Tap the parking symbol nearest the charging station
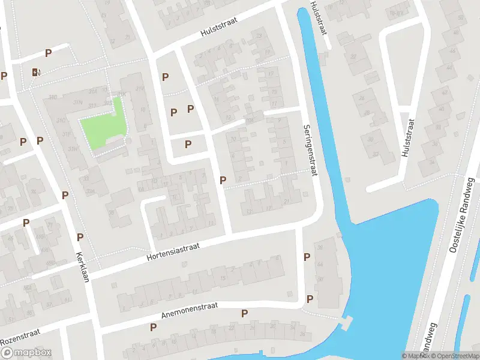pyautogui.click(x=48, y=53)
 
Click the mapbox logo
pyautogui.click(x=26, y=353)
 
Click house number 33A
pyautogui.click(x=90, y=192)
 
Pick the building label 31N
pyautogui.click(x=77, y=103)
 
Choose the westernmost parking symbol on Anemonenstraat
pyautogui.click(x=153, y=327)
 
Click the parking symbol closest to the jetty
pyautogui.click(x=310, y=299)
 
